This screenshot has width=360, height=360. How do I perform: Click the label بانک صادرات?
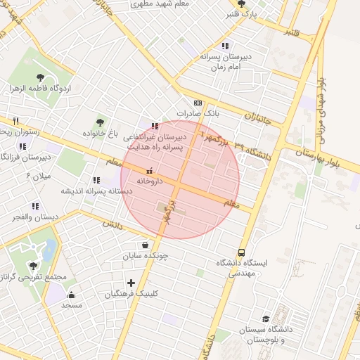[198, 112]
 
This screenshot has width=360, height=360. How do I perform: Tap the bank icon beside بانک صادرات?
[198, 102]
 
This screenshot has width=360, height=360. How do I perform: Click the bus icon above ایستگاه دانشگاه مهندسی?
[242, 252]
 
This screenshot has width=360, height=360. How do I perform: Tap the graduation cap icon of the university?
[265, 320]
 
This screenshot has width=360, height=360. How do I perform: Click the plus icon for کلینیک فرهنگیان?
[131, 283]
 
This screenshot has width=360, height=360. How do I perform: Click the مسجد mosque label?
[72, 305]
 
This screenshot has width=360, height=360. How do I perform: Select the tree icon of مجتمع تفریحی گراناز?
[33, 265]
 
